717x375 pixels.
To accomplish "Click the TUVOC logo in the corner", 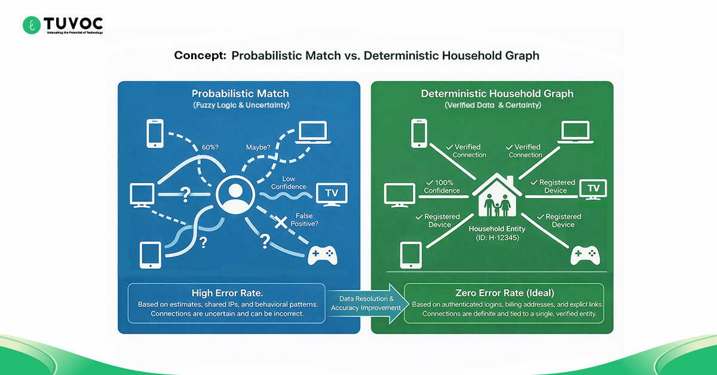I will click(63, 25).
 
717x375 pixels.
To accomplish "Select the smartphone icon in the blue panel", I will click(155, 133).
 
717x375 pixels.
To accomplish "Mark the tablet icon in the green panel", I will click(409, 254).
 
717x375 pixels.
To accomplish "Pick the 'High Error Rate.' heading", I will click(226, 293).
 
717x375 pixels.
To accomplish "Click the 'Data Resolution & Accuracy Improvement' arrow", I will click(366, 304).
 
